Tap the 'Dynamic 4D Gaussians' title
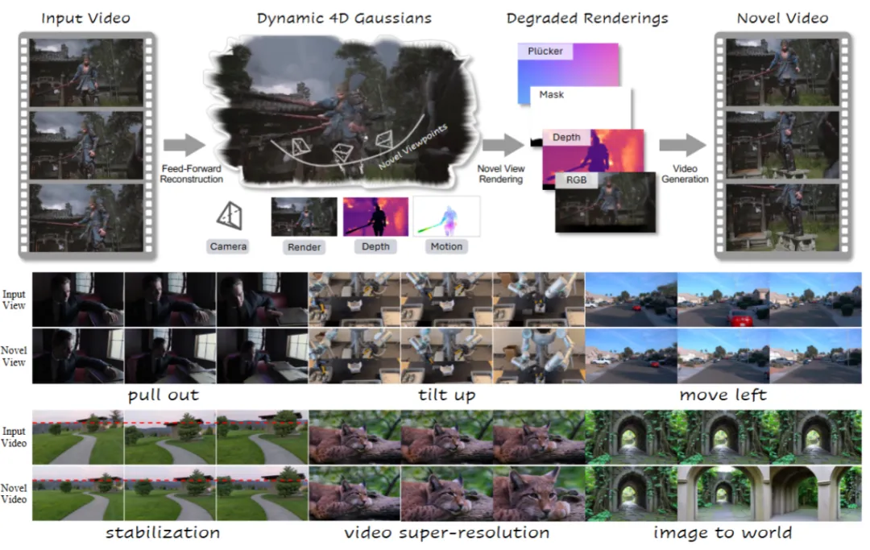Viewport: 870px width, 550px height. coord(344,18)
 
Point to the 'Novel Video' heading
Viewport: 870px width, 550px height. coord(782,18)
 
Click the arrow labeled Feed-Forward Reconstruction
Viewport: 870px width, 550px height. coord(184,146)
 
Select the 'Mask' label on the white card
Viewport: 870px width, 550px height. coord(552,94)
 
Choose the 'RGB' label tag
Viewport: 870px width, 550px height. coord(577,180)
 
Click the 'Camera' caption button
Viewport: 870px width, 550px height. coord(228,246)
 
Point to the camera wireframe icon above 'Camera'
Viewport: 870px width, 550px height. coord(229,214)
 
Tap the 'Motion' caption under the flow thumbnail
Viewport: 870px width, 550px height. coord(446,246)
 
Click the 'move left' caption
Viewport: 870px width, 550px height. coord(723,395)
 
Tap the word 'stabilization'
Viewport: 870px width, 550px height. coord(162,532)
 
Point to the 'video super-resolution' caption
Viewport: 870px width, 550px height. coord(446,532)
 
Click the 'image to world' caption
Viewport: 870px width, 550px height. coord(722,532)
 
